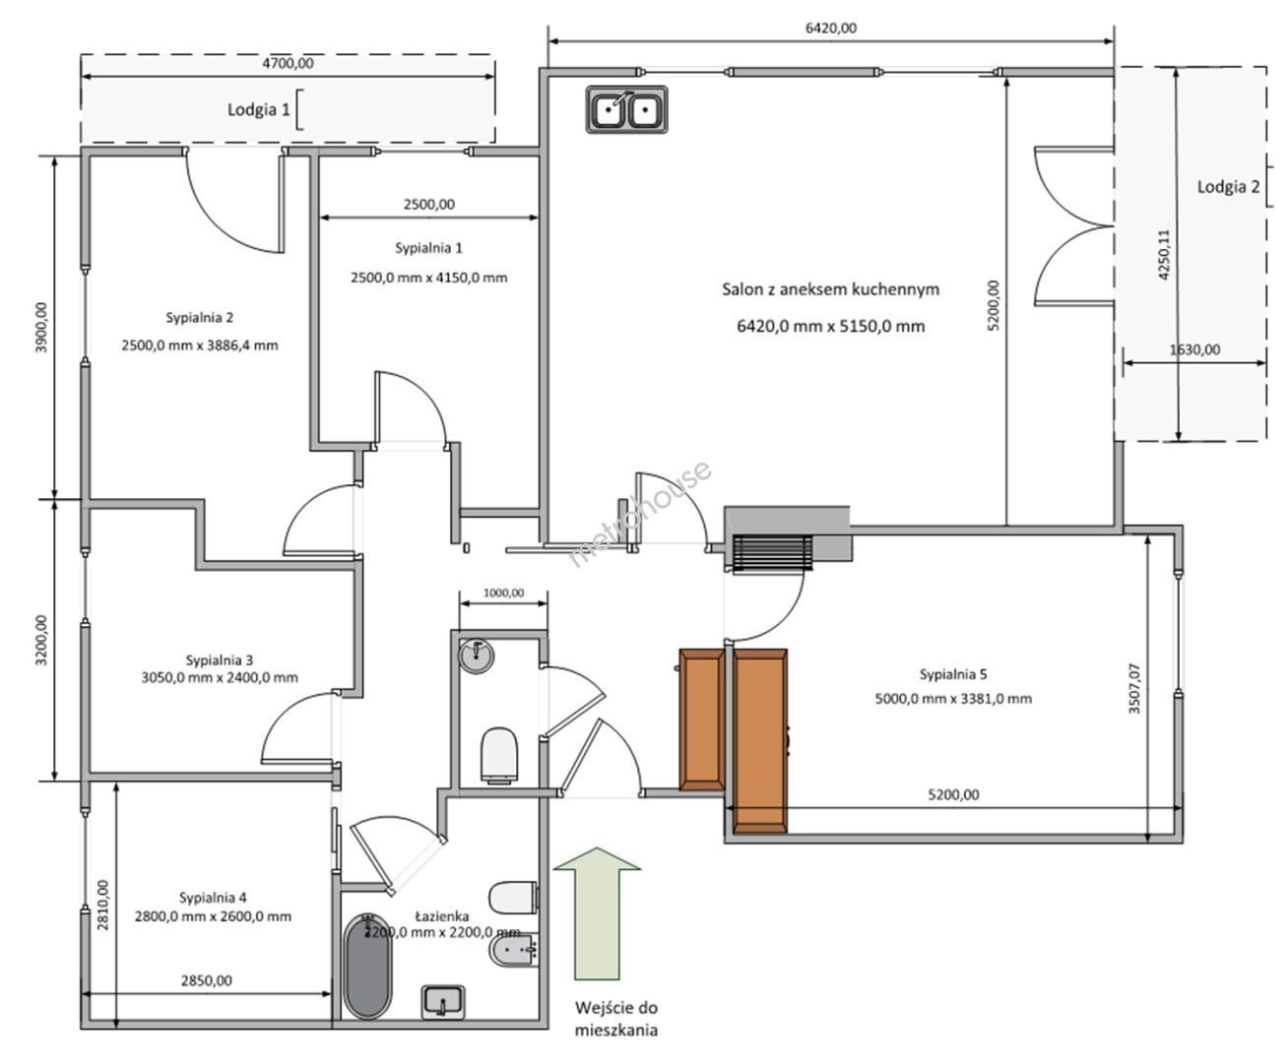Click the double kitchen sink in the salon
pos(626,110)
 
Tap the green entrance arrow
pos(597,913)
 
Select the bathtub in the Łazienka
pos(367,966)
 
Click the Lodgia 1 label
pos(258,110)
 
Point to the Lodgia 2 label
pos(1228,187)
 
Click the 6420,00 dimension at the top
pos(831,29)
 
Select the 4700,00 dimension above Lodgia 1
pos(289,64)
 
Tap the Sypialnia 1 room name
pos(428,248)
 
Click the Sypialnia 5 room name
pos(953,674)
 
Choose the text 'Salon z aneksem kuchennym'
pos(831,289)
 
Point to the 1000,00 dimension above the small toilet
pos(503,594)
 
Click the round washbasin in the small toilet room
pos(477,656)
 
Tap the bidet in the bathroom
pos(514,951)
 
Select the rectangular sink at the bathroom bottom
pos(443,1002)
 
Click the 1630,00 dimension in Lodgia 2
pos(1194,350)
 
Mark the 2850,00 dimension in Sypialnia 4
pos(207,980)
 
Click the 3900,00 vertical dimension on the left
pos(41,328)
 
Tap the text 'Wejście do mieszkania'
pos(616,1019)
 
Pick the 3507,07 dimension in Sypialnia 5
pos(1134,689)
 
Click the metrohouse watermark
pos(640,514)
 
